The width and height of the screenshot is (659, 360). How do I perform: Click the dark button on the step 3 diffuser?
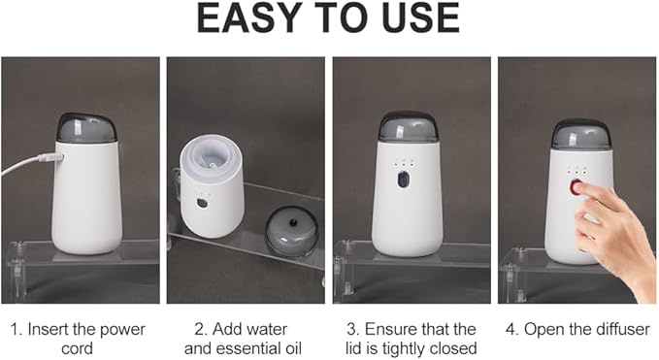[x=403, y=180]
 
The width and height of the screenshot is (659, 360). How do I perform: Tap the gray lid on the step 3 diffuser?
[x=408, y=127]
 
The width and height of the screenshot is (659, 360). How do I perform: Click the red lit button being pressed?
[x=576, y=186]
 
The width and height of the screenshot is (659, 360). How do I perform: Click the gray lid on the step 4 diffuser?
[x=580, y=134]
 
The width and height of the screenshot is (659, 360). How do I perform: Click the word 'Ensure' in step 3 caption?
[x=390, y=329]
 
